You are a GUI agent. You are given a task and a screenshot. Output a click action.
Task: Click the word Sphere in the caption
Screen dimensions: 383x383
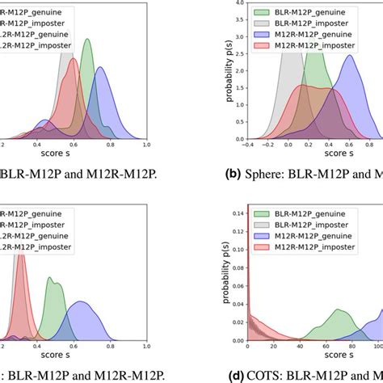(x=271, y=171)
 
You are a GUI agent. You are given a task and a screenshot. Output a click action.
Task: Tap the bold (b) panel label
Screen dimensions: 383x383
(x=235, y=171)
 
